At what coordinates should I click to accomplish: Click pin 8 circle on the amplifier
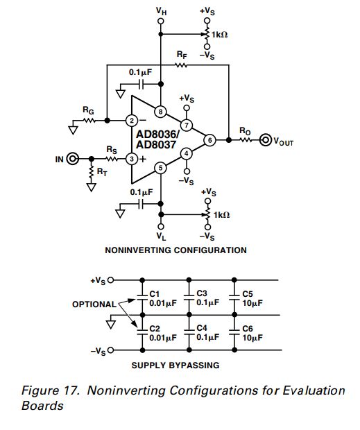(161, 111)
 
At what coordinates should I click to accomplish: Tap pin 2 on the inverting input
(132, 120)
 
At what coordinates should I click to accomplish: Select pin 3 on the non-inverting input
(132, 160)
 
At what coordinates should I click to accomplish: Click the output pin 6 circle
(209, 140)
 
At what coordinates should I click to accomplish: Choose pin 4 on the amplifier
(186, 153)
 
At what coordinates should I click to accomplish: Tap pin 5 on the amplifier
(161, 167)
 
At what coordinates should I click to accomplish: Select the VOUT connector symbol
(266, 141)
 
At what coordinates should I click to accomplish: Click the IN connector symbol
(71, 160)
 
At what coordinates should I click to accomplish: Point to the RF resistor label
(182, 53)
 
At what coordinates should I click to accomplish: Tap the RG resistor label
(87, 110)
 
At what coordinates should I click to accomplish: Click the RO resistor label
(245, 130)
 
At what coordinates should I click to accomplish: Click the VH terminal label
(162, 10)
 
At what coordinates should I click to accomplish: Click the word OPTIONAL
(94, 304)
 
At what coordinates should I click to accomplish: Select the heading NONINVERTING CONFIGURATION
(175, 250)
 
